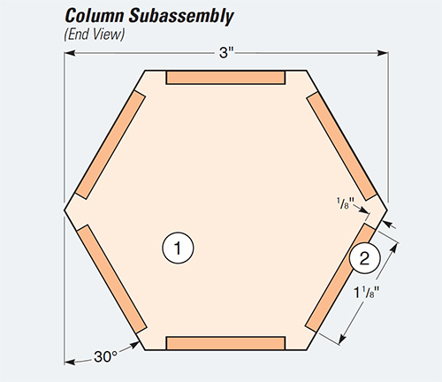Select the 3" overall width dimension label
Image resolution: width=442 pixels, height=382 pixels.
tap(226, 53)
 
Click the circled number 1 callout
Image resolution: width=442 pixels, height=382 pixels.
tap(178, 248)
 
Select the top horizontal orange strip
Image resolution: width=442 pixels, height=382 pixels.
tap(225, 78)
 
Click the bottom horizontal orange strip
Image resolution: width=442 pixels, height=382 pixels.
tap(225, 343)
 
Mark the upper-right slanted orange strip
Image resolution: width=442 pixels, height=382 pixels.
tap(341, 144)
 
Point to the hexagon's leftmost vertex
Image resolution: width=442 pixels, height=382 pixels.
tap(65, 210)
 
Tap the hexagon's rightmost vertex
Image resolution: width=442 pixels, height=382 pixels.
tap(386, 210)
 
